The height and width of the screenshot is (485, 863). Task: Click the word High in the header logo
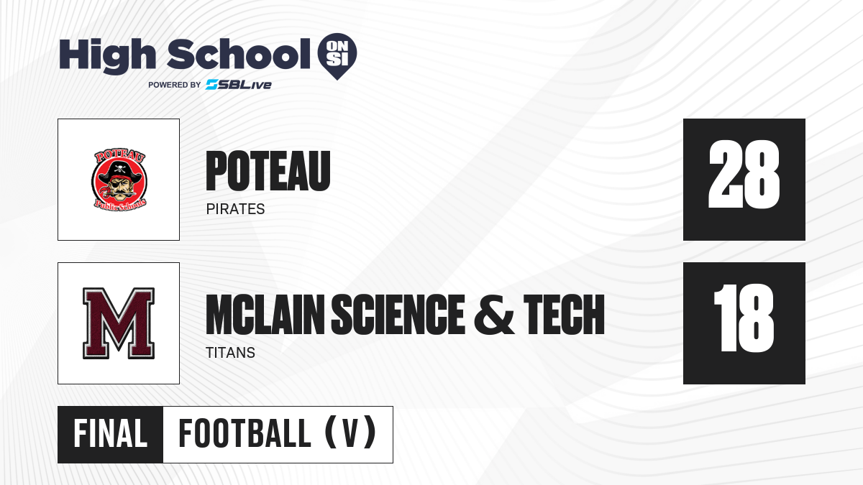point(108,56)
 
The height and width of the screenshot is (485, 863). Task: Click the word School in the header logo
point(239,54)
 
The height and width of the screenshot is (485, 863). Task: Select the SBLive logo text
point(239,85)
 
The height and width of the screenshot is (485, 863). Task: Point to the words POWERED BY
point(175,85)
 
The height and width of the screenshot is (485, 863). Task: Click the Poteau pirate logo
point(119,180)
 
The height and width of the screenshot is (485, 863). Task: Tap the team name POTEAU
point(268,171)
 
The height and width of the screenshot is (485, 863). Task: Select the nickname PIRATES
point(235,209)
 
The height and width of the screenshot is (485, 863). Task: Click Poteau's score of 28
point(744,175)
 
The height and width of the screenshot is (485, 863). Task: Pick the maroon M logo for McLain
point(119,323)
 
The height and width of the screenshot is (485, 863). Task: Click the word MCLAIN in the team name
point(265,315)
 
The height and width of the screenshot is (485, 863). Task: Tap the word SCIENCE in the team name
point(398,315)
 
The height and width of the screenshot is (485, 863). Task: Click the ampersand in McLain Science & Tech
point(494,315)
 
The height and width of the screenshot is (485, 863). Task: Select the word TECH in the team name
point(564,315)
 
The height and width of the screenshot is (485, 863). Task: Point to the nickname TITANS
point(230,353)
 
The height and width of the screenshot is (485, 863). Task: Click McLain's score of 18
point(744,318)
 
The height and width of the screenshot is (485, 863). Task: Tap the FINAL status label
point(111,434)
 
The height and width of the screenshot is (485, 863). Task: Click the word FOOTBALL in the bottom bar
point(245,434)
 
